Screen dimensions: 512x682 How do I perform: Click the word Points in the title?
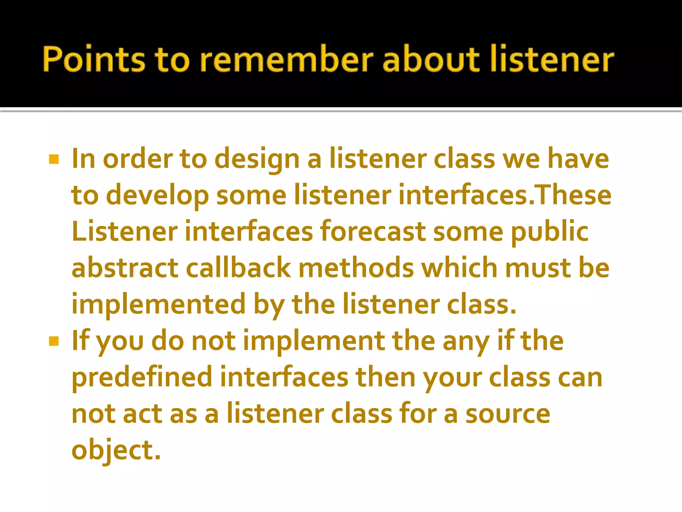coord(94,59)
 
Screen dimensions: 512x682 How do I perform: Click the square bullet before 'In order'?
coord(54,160)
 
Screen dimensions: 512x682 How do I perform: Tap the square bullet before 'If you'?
coord(54,341)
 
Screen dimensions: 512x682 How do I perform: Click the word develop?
coord(157,196)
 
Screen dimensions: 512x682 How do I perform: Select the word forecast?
coord(373,232)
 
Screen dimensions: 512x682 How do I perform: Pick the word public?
coord(550,232)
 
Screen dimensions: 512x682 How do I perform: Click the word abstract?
coord(125,268)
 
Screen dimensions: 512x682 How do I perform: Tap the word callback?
coord(238,268)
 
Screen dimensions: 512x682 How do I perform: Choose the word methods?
coord(356,268)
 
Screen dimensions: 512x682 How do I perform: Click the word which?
coord(459,268)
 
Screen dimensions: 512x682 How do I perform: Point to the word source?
coord(508,414)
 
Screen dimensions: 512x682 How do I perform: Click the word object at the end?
coord(116,450)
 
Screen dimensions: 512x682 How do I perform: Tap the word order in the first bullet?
coord(138,160)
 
